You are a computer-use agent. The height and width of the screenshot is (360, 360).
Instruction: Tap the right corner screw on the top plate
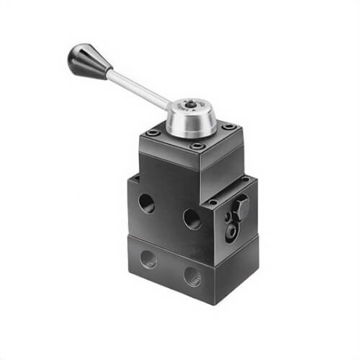229,127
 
